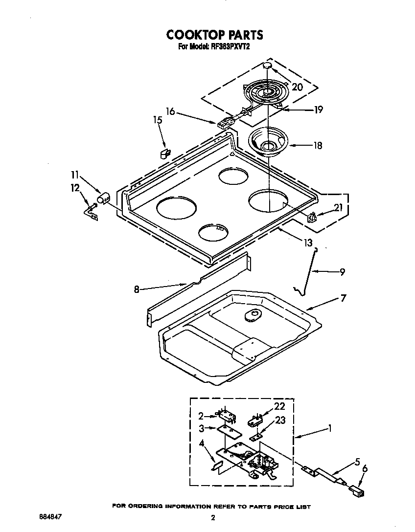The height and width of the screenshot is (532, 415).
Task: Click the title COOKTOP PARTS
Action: tap(214, 35)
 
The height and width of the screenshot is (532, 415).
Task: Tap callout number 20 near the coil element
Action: tap(297, 87)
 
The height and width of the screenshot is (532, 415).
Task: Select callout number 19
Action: tap(318, 110)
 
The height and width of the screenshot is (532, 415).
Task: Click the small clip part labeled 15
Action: tap(165, 154)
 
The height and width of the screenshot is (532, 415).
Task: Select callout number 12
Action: tap(74, 187)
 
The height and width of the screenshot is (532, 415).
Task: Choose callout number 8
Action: tap(137, 289)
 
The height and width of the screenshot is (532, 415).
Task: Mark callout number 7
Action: tap(343, 297)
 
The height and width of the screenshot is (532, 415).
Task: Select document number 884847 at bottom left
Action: tap(50, 516)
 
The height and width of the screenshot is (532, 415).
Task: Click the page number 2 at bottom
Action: tap(213, 518)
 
